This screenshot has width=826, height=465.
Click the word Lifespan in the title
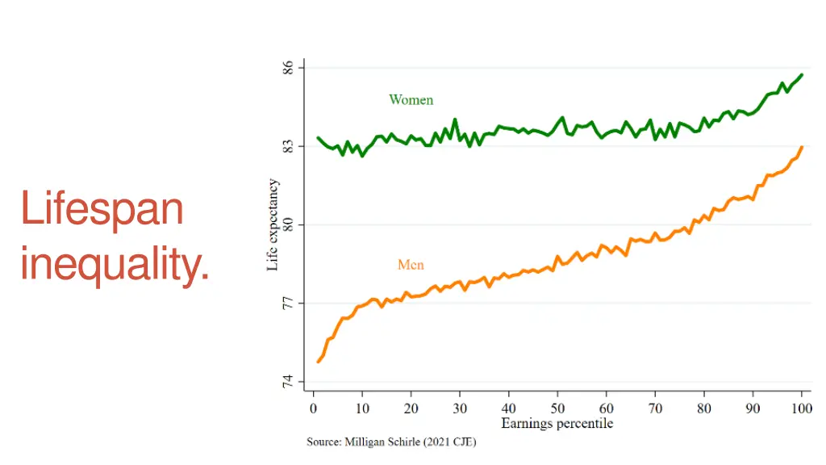pos(102,208)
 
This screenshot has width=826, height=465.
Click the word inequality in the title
pos(115,264)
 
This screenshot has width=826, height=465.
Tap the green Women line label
pos(411,100)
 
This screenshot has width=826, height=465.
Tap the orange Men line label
pos(411,265)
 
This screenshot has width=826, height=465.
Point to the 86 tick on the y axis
pos(286,68)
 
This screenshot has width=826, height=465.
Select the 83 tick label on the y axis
pos(286,146)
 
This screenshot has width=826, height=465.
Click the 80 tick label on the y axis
pos(286,224)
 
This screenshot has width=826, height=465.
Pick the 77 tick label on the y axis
pos(286,304)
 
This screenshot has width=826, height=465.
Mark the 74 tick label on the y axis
pos(286,382)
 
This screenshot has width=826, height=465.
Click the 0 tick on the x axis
pos(314,408)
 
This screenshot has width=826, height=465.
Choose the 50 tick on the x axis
pos(557,408)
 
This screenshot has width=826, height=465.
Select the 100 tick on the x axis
pos(801,408)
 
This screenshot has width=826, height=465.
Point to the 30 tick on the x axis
pos(460,408)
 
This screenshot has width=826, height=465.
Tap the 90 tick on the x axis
pos(753,408)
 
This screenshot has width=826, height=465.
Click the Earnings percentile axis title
pos(557,424)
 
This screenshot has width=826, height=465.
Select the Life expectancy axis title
pos(273,224)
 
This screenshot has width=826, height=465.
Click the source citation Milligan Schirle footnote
pos(391,442)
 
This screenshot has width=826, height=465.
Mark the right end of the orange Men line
pos(802,147)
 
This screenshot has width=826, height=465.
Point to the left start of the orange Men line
pos(319,361)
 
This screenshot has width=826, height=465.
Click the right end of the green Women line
pos(802,75)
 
